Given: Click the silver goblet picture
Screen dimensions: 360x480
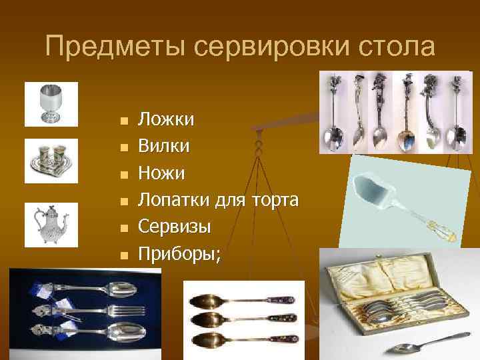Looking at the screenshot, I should pyautogui.click(x=51, y=103).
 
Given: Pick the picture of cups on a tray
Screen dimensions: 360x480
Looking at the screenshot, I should pyautogui.click(x=51, y=161).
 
